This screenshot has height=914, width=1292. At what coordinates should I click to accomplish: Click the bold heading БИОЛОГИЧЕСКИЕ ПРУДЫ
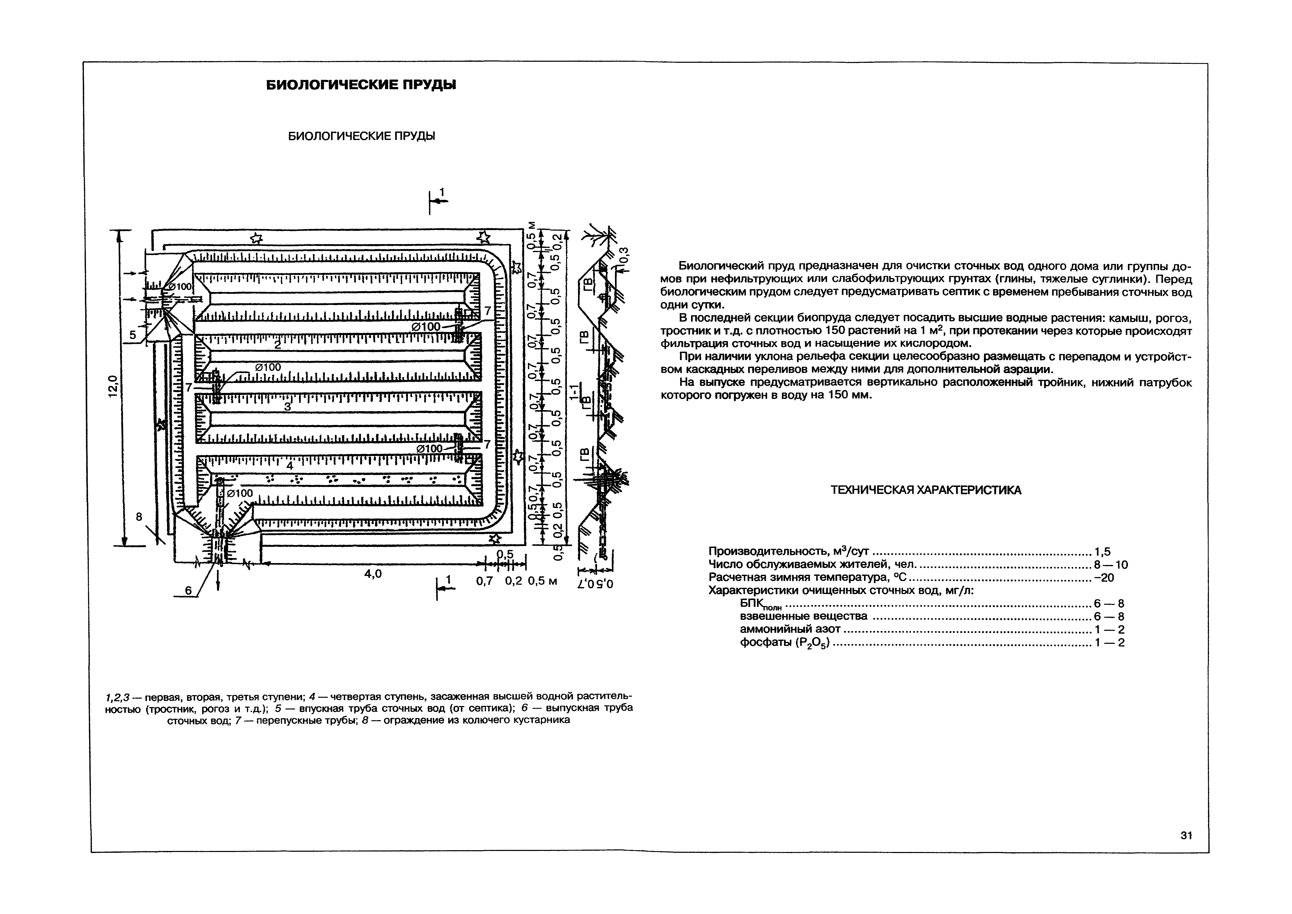361,85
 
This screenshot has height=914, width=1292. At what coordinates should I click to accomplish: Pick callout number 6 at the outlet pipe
188,590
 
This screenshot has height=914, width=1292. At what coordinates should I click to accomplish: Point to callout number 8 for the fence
139,516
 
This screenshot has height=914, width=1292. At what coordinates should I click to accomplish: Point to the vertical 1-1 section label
573,394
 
